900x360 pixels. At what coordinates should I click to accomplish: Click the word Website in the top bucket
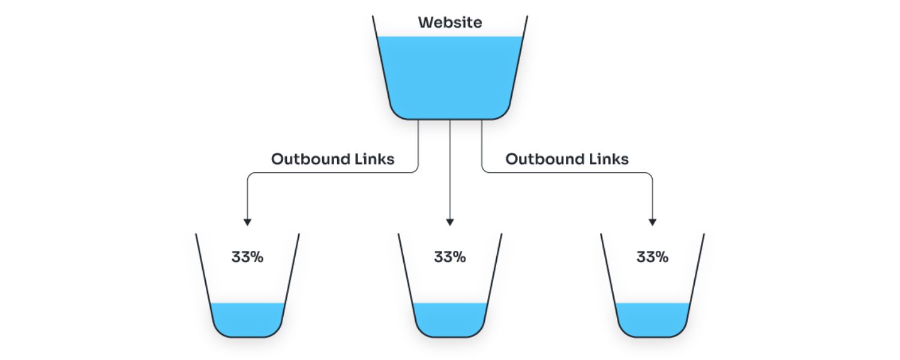450,23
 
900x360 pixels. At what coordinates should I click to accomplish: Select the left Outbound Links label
332,160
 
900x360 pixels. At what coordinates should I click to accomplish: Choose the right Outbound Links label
567,160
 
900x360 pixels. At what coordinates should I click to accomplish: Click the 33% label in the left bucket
247,257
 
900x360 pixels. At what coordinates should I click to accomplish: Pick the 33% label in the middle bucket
450,257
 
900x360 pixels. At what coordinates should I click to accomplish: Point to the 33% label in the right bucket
652,257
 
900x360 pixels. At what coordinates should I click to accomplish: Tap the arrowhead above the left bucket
247,222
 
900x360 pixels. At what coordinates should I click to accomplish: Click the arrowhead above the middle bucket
450,222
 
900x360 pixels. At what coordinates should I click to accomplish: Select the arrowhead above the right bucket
653,222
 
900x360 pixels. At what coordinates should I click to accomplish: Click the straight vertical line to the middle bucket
450,180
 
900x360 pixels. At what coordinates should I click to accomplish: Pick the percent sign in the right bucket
662,257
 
